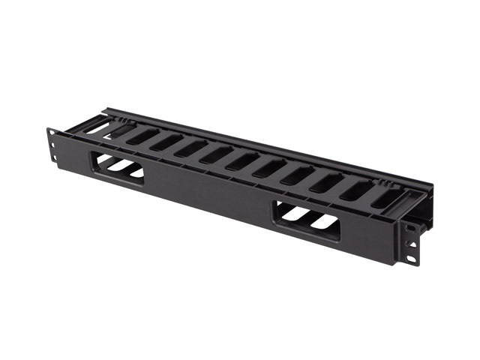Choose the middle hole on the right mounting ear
[x=410, y=241]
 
